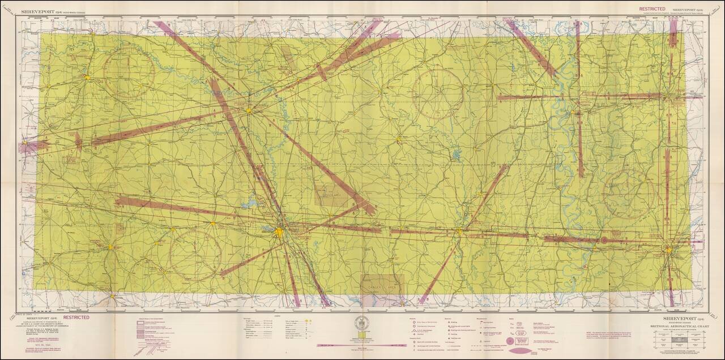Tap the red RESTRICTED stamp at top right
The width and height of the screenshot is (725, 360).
[x=652, y=9]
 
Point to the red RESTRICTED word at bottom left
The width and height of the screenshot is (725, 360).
[x=75, y=318]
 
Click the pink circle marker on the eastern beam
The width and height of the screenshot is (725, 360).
[x=604, y=240]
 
